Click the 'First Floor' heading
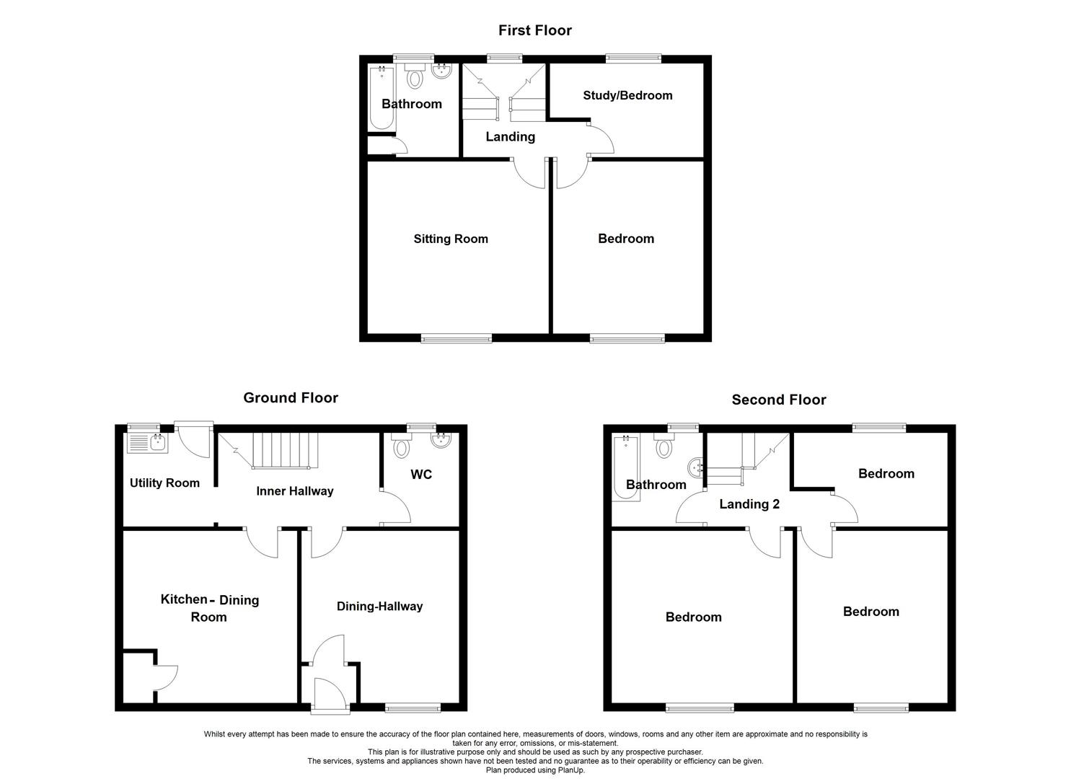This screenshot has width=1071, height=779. coord(534,30)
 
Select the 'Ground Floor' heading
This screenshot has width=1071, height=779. coord(290,397)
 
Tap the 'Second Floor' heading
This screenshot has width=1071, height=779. coord(778,400)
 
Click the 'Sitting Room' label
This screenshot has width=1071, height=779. coord(450,239)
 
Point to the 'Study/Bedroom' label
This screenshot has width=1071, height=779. coord(627,95)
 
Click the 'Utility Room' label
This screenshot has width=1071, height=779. coord(164,483)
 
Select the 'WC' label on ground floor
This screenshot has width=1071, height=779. coord(421,474)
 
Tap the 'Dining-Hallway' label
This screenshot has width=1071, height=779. coord(379,606)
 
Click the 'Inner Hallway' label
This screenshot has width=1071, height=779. coord(294,491)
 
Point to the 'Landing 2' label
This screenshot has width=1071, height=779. coord(749,504)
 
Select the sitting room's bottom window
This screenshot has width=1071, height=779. coord(457,338)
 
